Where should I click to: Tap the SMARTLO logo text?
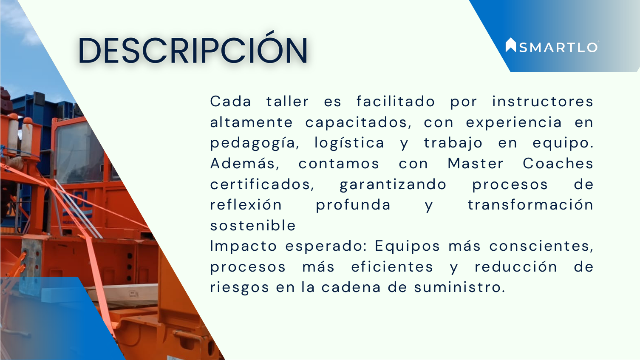(x=558, y=48)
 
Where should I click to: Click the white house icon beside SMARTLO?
(x=510, y=45)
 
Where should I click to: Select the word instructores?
(x=542, y=102)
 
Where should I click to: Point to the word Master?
(x=475, y=164)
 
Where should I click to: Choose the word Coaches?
(x=558, y=164)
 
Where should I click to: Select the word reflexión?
(x=246, y=205)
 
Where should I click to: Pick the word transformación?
(x=530, y=205)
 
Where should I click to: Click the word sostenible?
(x=253, y=225)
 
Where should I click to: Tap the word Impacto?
(x=244, y=246)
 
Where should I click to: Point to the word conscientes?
(x=541, y=246)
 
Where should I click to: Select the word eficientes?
(x=392, y=267)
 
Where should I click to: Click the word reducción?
(x=516, y=267)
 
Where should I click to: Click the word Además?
(x=245, y=164)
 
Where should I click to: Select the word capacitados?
(x=358, y=123)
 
